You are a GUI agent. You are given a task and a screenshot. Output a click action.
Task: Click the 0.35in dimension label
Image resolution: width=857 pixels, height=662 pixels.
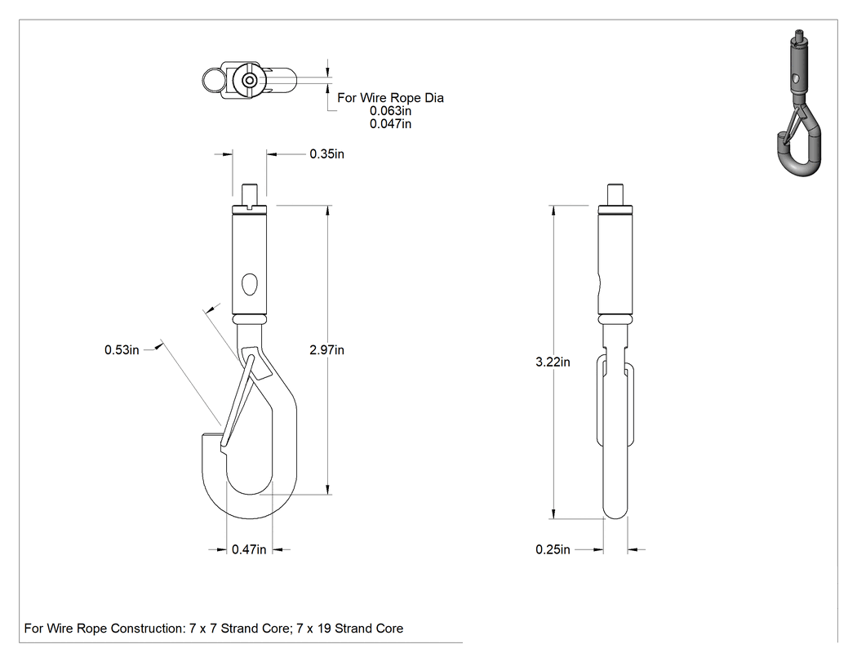pos(326,154)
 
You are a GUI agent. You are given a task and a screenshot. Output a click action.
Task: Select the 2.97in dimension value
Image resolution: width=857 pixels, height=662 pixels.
pos(326,350)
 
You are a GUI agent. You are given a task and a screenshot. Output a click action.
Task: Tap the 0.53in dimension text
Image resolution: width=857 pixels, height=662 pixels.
pos(122,350)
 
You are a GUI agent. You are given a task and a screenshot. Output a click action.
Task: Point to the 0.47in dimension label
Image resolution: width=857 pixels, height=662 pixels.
pos(249,549)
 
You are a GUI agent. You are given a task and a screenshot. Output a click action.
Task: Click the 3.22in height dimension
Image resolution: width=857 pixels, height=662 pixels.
pos(553,362)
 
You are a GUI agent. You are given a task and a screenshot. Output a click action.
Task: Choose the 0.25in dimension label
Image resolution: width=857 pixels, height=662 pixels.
pos(553,549)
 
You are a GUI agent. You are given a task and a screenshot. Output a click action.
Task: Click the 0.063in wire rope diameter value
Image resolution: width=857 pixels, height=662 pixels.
pos(390,111)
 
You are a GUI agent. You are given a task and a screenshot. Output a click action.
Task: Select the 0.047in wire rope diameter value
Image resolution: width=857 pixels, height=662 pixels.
pos(390,124)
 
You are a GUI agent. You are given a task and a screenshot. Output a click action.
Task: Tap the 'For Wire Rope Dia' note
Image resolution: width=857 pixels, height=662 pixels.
pos(390,98)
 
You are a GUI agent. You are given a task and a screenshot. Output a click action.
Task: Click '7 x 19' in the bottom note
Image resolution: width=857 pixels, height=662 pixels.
pos(313,628)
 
